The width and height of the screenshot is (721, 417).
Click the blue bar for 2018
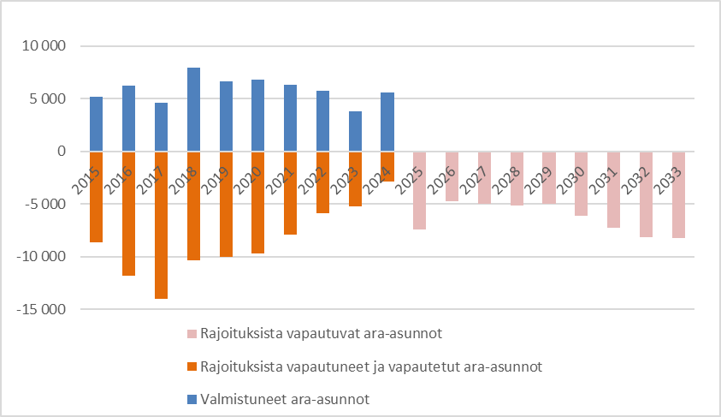tap(193, 110)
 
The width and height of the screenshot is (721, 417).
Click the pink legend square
tap(192, 333)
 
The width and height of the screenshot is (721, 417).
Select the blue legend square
tap(192, 399)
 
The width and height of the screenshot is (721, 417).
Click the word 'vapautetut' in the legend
tap(425, 366)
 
